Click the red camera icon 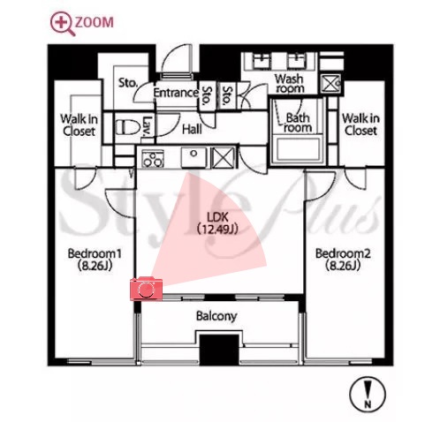146,289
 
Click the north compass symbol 368,395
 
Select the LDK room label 217,223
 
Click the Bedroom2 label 343,260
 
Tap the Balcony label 216,316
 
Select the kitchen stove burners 153,159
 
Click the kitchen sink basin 193,158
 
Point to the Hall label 192,129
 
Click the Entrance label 176,93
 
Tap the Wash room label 289,84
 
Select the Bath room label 298,123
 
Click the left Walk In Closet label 79,125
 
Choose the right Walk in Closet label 360,124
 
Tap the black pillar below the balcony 219,350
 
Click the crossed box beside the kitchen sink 223,158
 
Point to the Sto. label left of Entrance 128,83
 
